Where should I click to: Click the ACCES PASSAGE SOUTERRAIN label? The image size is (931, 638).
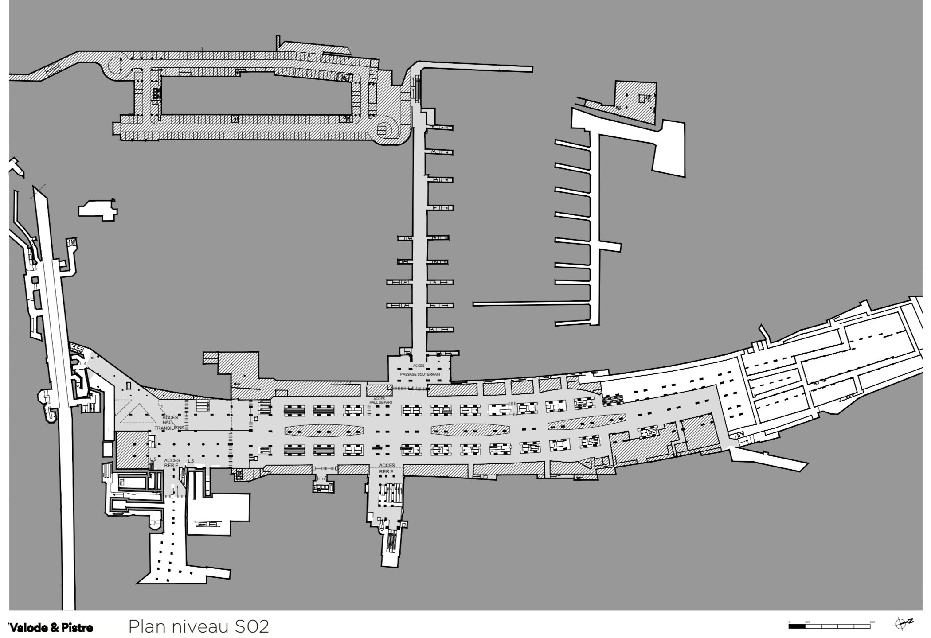pyautogui.click(x=419, y=370)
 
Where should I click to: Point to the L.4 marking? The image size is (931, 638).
pyautogui.click(x=83, y=363)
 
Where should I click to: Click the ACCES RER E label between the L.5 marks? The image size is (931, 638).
pyautogui.click(x=172, y=463)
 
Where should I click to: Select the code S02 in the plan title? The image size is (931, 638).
pyautogui.click(x=252, y=627)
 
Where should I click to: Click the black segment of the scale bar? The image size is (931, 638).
pyautogui.click(x=797, y=627)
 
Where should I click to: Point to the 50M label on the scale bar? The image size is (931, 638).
pyautogui.click(x=872, y=622)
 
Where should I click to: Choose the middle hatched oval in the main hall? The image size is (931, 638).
pyautogui.click(x=470, y=429)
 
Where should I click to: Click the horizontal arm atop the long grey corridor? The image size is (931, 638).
pyautogui.click(x=477, y=67)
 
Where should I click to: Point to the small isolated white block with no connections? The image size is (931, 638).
pyautogui.click(x=98, y=210)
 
